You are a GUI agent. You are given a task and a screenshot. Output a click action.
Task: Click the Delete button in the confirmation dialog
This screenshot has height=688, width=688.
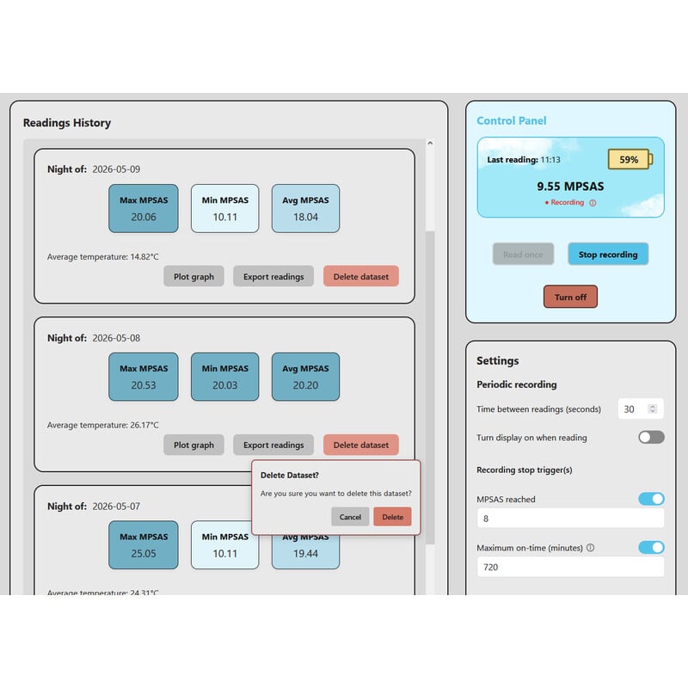[x=392, y=517]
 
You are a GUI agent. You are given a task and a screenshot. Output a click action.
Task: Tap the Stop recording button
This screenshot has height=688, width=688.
[x=608, y=255]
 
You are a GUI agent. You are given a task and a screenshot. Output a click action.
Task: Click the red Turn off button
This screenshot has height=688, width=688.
[x=570, y=297]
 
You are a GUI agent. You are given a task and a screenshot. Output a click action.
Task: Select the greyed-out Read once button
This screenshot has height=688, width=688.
[x=523, y=255]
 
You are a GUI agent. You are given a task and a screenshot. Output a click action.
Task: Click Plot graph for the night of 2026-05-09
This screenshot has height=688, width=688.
[x=193, y=276]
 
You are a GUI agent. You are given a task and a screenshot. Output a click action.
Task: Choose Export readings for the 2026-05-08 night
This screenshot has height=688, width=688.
[x=273, y=445]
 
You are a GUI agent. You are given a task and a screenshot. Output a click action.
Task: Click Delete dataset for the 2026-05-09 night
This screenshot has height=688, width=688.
[x=360, y=276]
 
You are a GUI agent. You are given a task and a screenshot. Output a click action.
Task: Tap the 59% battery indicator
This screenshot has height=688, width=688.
[x=630, y=159]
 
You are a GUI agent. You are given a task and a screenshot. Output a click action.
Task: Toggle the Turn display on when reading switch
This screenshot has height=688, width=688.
[x=651, y=437]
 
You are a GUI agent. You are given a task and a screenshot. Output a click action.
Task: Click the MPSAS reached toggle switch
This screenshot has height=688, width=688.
[x=651, y=499]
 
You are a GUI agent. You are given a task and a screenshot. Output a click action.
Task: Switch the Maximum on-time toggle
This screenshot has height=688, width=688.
[x=651, y=547]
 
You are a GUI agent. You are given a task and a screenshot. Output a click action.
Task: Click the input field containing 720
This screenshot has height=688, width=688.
[x=570, y=567]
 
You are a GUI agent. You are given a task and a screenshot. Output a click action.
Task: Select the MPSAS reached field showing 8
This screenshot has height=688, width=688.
[x=570, y=519]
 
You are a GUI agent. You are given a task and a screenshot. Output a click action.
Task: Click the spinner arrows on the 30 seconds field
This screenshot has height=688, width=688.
[x=653, y=409]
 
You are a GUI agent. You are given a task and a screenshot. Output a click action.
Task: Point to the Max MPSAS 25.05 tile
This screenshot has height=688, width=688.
[x=144, y=545]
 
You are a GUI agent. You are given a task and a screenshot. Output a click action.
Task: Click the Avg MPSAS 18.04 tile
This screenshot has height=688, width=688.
[x=305, y=208]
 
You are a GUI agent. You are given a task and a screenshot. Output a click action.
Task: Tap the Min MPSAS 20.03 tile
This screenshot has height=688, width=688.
[x=224, y=377]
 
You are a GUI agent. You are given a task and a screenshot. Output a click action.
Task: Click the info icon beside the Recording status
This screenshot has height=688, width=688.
[x=593, y=203]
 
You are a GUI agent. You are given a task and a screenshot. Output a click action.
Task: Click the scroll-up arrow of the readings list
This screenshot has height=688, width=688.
[x=430, y=143]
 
